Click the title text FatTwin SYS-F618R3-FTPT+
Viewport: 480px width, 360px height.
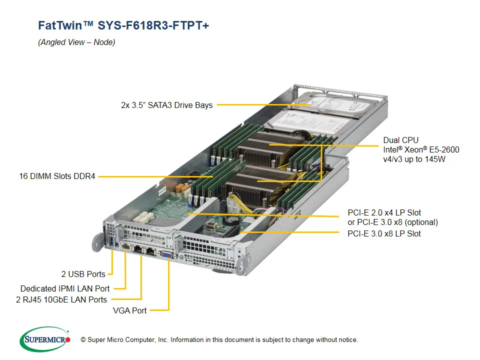[123, 25]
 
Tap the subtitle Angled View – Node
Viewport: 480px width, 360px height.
[76, 42]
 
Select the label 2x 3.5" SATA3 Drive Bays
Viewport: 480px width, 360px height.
[166, 105]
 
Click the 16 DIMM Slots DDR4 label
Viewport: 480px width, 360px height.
[57, 176]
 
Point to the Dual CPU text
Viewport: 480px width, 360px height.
[400, 140]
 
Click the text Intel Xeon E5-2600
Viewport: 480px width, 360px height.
[421, 149]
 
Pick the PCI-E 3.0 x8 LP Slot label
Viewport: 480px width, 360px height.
[384, 233]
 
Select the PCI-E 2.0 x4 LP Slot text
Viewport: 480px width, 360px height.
[384, 212]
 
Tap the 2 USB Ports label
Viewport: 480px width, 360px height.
[83, 274]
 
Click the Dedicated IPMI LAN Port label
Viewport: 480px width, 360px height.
[65, 288]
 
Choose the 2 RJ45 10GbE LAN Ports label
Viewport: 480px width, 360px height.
[61, 299]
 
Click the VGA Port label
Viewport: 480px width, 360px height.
[130, 310]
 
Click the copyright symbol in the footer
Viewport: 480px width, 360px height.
[83, 340]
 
